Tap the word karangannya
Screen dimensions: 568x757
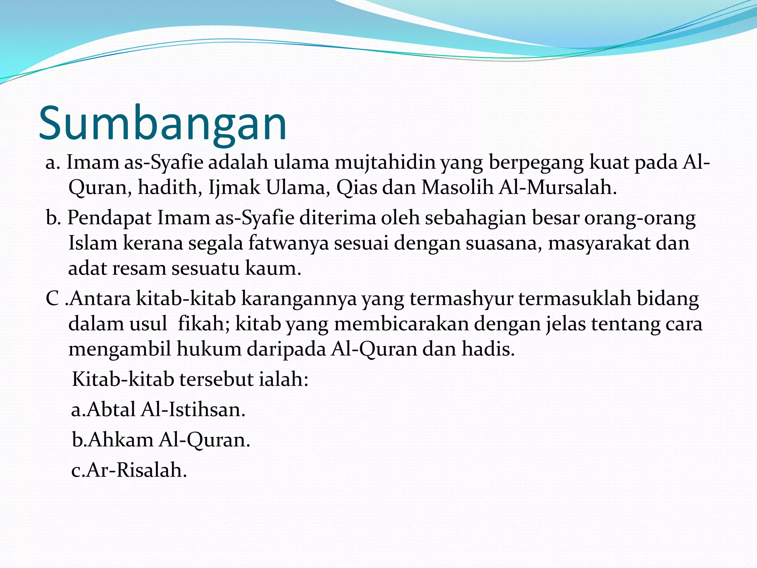click(299, 299)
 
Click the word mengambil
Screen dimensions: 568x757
click(120, 349)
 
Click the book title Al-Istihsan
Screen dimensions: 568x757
click(193, 410)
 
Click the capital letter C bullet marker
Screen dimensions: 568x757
click(52, 299)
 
